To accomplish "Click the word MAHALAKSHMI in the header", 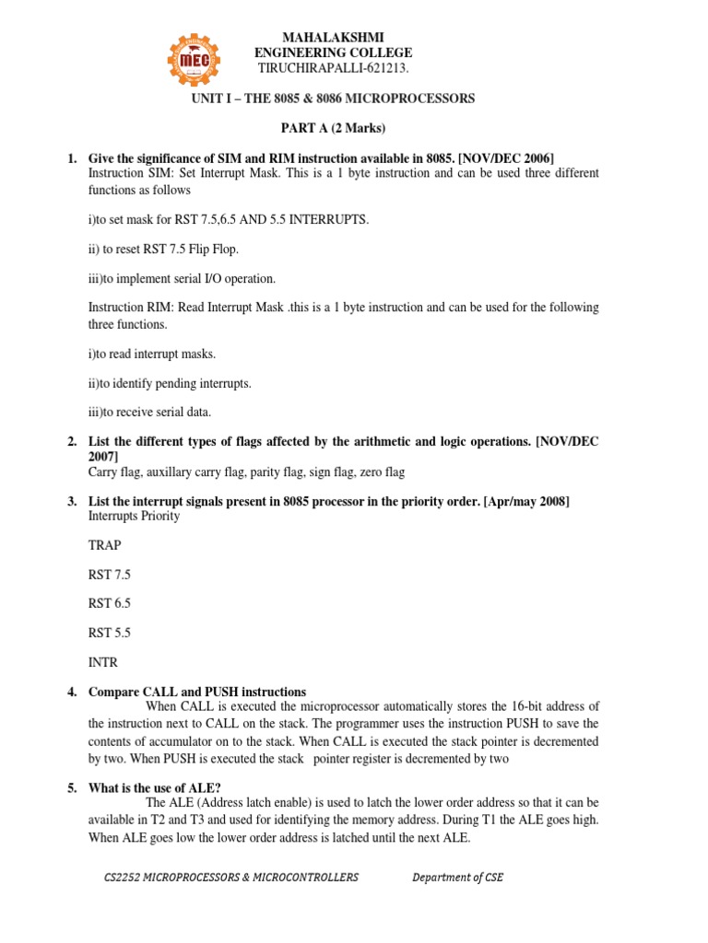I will coord(333,36).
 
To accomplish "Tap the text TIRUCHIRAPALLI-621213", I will coord(333,69).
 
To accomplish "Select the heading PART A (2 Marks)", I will coord(333,127).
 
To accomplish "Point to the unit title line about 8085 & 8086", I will coord(333,99).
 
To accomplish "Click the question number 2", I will coord(72,442).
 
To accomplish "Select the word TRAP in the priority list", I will coord(104,545).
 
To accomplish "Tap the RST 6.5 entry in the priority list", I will coord(109,603).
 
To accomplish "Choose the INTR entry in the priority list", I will coord(103,662).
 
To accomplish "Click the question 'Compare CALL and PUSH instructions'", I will coord(197,692).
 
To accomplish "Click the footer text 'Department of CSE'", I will coord(457,878).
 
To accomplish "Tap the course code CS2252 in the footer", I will coord(125,878).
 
